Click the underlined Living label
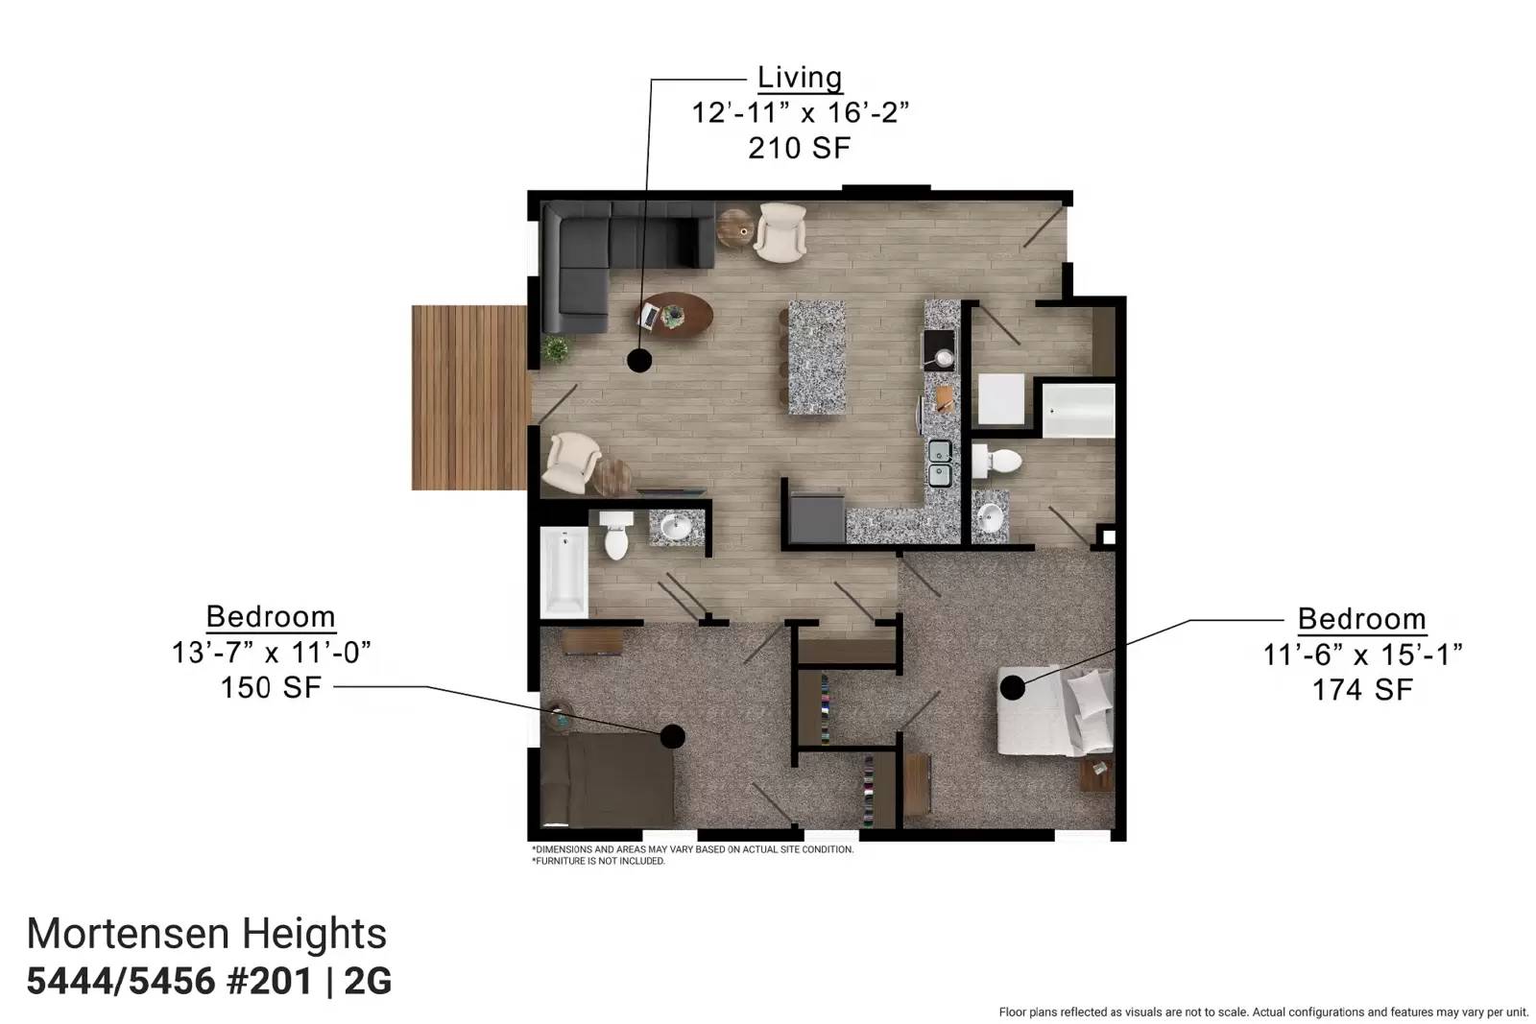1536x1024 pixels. pyautogui.click(x=800, y=78)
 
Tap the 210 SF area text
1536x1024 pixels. pyautogui.click(x=800, y=148)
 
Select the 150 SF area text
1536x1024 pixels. pyautogui.click(x=271, y=687)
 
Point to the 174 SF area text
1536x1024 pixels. pyautogui.click(x=1362, y=689)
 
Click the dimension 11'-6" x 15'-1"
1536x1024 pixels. pyautogui.click(x=1362, y=655)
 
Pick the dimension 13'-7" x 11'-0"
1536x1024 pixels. pyautogui.click(x=271, y=653)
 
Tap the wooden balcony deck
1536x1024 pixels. pyautogui.click(x=469, y=397)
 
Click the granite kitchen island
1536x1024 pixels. pyautogui.click(x=817, y=357)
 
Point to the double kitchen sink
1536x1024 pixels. pyautogui.click(x=940, y=464)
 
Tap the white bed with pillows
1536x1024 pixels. pyautogui.click(x=1055, y=710)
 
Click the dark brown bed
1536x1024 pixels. pyautogui.click(x=607, y=779)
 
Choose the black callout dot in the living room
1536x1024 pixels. pyautogui.click(x=639, y=360)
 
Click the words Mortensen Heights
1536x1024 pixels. pyautogui.click(x=206, y=934)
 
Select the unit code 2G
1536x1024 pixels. pyautogui.click(x=368, y=981)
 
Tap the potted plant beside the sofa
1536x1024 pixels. pyautogui.click(x=556, y=349)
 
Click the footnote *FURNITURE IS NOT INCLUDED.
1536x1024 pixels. pyautogui.click(x=598, y=861)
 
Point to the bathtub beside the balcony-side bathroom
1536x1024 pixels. pyautogui.click(x=564, y=572)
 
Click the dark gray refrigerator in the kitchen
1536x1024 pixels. pyautogui.click(x=817, y=517)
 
